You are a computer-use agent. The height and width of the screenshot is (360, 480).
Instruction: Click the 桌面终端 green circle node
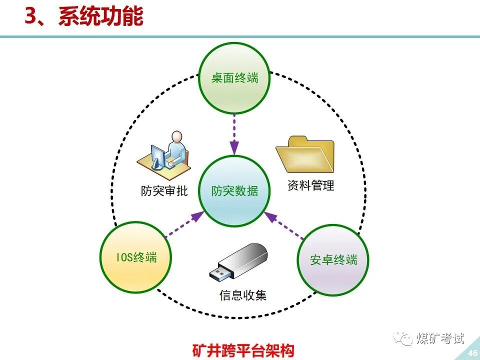pos(234,78)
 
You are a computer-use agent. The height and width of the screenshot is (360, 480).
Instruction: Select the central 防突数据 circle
pos(234,190)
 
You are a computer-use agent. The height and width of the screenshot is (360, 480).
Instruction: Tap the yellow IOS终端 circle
pos(136,257)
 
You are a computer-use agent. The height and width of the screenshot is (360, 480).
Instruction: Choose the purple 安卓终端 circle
pos(333,260)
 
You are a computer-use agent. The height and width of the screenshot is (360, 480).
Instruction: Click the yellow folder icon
pos(304,154)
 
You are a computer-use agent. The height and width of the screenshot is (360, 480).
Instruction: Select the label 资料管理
pos(310,185)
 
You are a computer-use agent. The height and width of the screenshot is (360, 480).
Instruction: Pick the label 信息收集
pos(243,295)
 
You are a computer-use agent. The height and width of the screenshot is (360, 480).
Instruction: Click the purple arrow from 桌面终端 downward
pos(234,133)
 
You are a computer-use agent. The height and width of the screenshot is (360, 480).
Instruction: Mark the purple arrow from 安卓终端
pos(284,224)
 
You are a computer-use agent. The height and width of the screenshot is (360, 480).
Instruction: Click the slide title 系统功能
pos(100,16)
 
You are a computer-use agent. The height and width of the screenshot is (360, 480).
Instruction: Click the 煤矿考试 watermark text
pos(440,338)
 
